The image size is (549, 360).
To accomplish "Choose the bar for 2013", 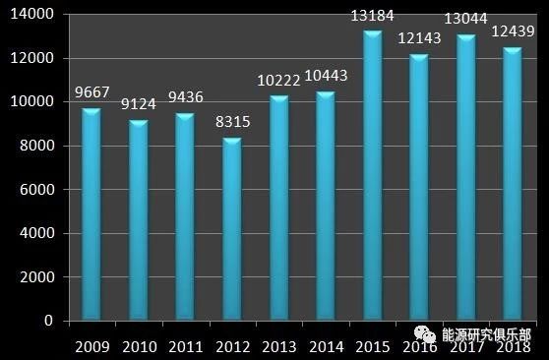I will pyautogui.click(x=279, y=207).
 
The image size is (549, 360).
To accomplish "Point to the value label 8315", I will pyautogui.click(x=232, y=124).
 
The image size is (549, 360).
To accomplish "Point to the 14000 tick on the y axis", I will pyautogui.click(x=37, y=14).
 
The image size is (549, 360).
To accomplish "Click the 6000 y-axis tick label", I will pyautogui.click(x=41, y=189).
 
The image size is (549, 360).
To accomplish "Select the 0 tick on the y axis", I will pyautogui.click(x=54, y=321).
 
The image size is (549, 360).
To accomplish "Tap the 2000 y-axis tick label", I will pyautogui.click(x=41, y=276).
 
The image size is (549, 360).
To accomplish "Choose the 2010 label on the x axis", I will pyautogui.click(x=138, y=345).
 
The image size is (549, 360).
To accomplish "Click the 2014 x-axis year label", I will pyautogui.click(x=326, y=345).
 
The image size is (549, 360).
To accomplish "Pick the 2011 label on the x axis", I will pyautogui.click(x=185, y=345).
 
